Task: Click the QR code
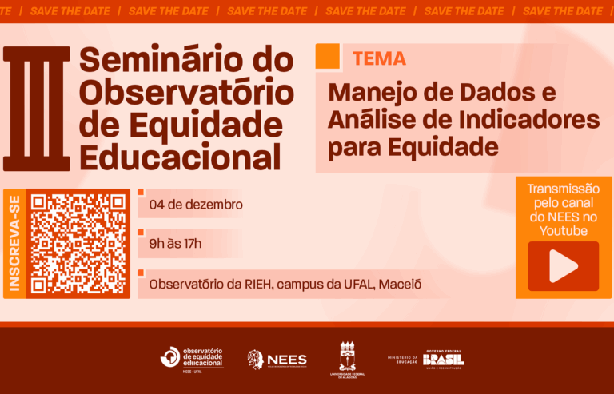78,243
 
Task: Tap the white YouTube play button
563,266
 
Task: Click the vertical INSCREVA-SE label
14,243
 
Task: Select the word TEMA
379,58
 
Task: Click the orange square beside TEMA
328,57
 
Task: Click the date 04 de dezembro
195,205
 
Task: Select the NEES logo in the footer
277,359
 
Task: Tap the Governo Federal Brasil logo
444,359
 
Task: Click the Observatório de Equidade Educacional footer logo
192,358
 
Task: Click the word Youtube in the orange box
563,231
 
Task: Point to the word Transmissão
563,189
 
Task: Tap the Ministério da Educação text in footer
403,360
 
